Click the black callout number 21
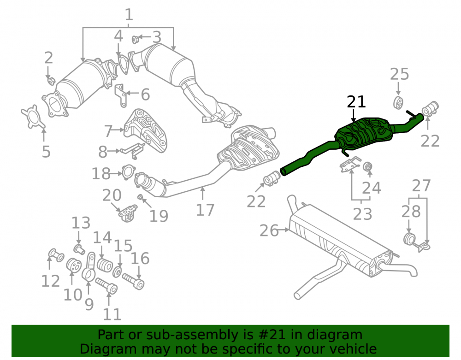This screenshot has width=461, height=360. click(x=356, y=102)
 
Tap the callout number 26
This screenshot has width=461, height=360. click(x=269, y=230)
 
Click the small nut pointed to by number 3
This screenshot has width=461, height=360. click(x=135, y=39)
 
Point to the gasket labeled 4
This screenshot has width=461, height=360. click(x=124, y=64)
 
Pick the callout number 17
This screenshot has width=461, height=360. click(x=205, y=210)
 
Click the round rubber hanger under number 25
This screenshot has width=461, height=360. click(x=398, y=103)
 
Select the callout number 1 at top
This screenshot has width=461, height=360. click(x=129, y=14)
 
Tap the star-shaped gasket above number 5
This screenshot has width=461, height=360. click(x=33, y=117)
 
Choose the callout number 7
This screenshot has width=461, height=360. click(x=109, y=131)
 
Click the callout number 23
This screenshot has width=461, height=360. click(x=362, y=214)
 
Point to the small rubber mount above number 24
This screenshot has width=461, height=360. click(x=367, y=166)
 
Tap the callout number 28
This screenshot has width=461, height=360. click(x=411, y=212)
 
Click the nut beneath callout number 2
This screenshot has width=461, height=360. click(x=51, y=81)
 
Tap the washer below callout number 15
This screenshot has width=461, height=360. click(x=117, y=272)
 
